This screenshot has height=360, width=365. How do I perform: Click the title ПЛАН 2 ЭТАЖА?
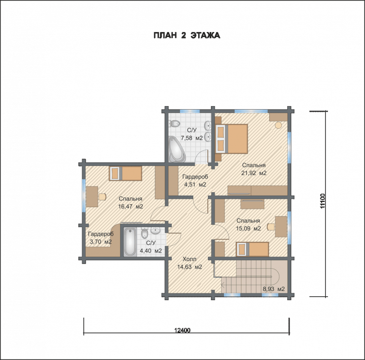[x=187, y=36]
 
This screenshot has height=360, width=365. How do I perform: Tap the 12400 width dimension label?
[x=182, y=330]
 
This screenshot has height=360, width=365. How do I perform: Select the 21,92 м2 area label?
[x=254, y=173]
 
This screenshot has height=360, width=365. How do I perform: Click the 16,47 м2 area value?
[x=130, y=206]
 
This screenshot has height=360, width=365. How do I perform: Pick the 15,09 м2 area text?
[x=248, y=229]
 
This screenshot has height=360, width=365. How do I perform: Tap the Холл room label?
[x=189, y=259]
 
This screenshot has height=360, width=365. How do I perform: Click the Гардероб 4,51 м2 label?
[x=195, y=180]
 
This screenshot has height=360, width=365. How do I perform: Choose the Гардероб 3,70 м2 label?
[x=101, y=238]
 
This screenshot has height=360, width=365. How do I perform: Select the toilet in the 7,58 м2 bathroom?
[x=174, y=123]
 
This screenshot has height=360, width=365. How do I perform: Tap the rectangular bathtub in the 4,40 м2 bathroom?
[x=130, y=242]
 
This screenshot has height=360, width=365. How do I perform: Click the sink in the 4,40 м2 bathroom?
[x=155, y=231]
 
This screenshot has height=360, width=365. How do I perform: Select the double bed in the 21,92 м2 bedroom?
[x=232, y=139]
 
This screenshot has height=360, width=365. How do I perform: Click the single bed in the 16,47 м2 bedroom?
[x=126, y=173]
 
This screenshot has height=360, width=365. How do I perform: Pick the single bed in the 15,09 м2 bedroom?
[x=252, y=249]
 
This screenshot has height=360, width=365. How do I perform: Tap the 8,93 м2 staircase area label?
[x=274, y=289]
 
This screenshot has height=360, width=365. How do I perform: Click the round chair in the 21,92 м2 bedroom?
[x=278, y=125]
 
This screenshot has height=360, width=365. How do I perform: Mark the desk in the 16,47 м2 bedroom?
[x=92, y=197]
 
